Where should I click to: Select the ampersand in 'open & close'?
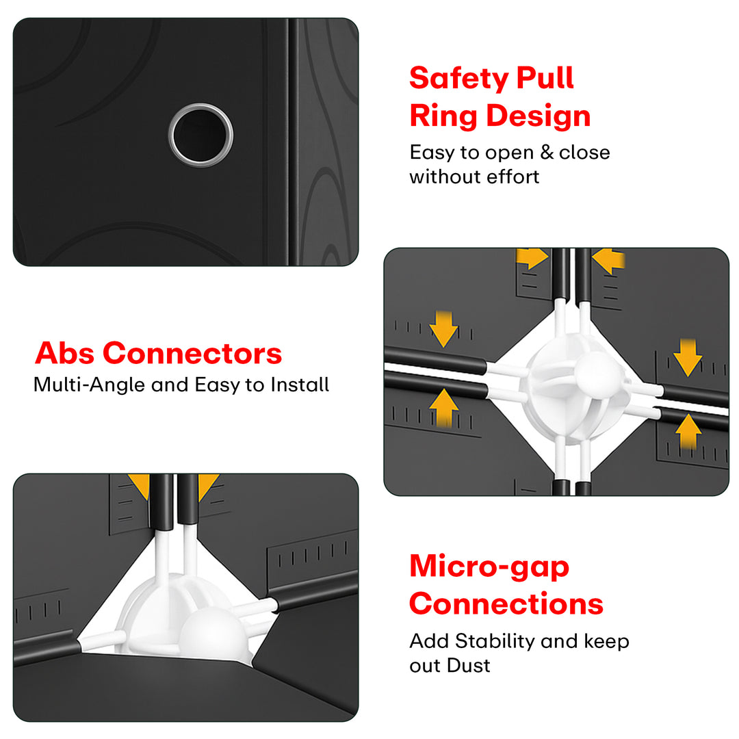point(546,152)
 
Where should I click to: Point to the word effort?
point(513,177)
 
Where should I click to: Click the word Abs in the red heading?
point(64,353)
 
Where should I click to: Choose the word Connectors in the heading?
point(192,354)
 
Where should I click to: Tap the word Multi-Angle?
point(89,385)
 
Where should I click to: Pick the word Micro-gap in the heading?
point(489,567)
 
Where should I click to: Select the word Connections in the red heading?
point(506,604)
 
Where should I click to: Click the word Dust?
point(469,666)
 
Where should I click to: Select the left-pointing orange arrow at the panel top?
point(608,260)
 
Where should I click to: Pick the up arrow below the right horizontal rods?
point(688,432)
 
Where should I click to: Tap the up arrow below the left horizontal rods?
point(443,408)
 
